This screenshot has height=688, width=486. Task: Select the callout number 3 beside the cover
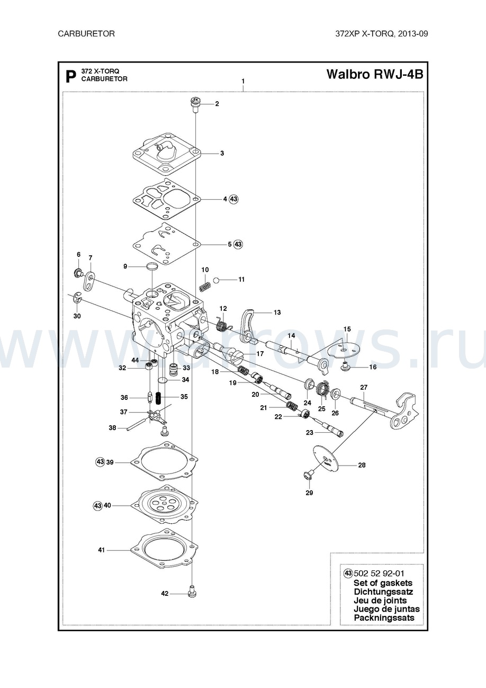(x=222, y=153)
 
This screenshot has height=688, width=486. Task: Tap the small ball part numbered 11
(x=216, y=280)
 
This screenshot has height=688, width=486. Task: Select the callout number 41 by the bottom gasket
(x=101, y=550)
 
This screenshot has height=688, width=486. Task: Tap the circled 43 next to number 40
(x=97, y=505)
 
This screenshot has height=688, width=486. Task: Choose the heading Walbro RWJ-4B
(x=375, y=74)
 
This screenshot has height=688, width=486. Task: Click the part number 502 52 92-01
(x=379, y=574)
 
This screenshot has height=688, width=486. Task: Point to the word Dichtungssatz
(x=383, y=592)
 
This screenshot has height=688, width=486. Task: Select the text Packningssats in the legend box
(x=384, y=618)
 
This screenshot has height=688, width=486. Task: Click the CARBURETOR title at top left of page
(x=86, y=34)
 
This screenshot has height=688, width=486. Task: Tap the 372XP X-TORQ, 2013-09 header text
(x=382, y=34)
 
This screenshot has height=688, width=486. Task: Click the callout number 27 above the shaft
(x=364, y=388)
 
